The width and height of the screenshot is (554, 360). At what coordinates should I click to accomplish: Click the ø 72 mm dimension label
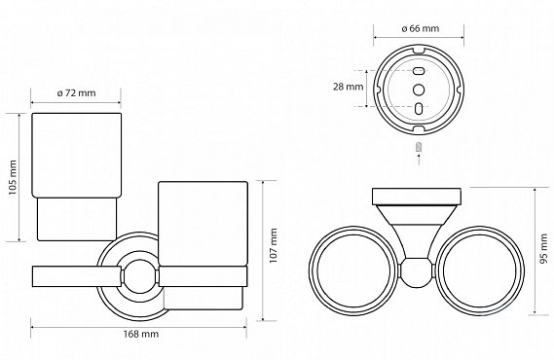tap(76, 92)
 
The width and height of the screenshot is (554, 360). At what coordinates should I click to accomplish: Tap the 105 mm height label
tap(13, 177)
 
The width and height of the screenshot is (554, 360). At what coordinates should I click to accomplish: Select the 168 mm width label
tap(141, 334)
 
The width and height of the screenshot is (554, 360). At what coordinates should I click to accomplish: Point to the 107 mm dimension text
tap(274, 245)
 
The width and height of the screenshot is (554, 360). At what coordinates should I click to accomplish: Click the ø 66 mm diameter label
tap(421, 28)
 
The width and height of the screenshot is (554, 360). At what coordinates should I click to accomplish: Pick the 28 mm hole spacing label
tap(348, 87)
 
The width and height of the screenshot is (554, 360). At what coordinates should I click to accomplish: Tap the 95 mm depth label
tap(544, 248)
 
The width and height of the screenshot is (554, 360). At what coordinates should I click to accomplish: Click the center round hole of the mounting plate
tap(419, 90)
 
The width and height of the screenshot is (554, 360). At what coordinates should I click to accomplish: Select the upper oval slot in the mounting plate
tap(419, 71)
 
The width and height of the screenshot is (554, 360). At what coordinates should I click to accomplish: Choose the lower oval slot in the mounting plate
tap(419, 108)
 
